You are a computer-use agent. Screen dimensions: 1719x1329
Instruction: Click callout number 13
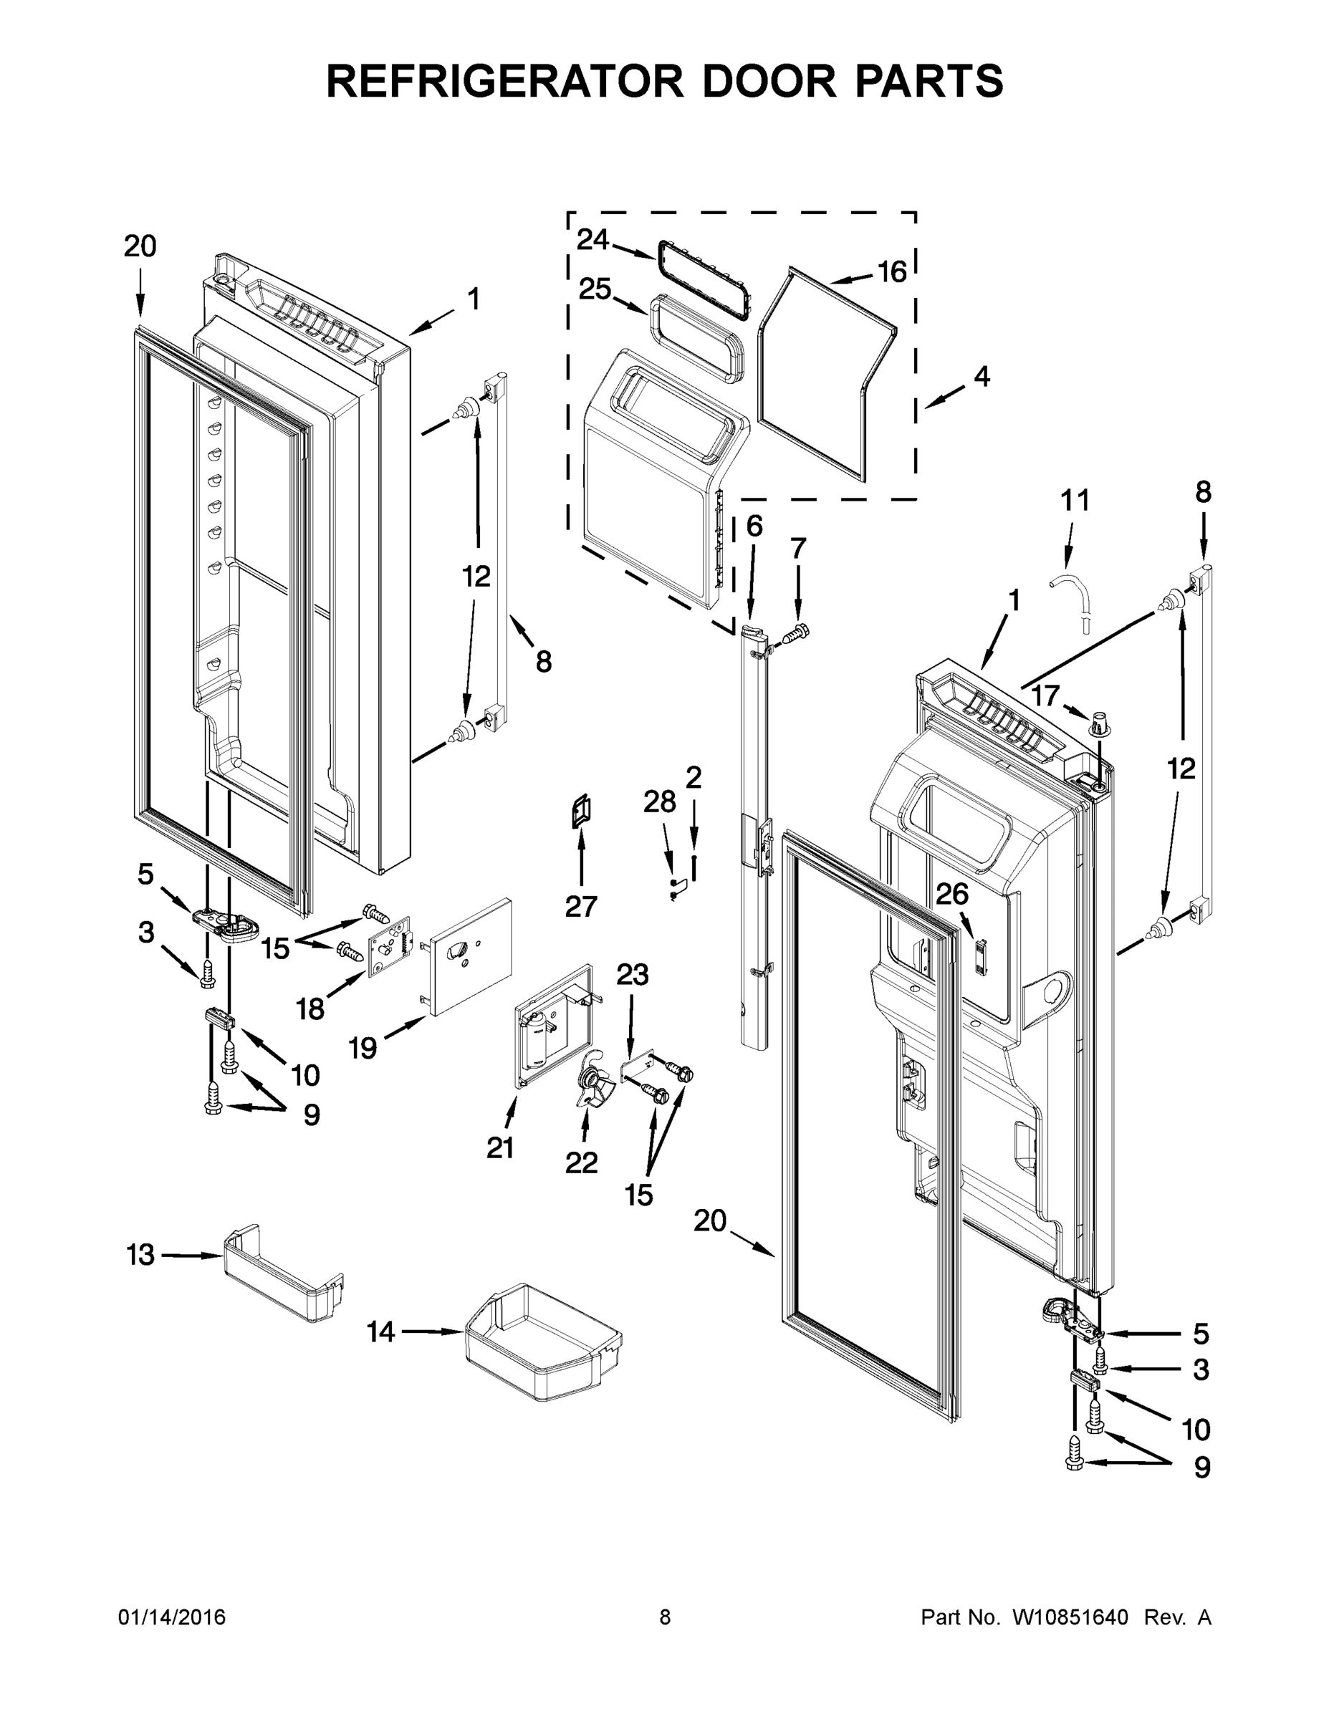click(140, 1255)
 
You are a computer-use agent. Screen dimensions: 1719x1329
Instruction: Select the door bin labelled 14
click(542, 1342)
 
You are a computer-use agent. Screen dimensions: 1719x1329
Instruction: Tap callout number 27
click(581, 907)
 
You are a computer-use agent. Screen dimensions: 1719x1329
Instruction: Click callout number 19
click(363, 1048)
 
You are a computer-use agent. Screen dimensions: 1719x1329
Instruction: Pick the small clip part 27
click(581, 812)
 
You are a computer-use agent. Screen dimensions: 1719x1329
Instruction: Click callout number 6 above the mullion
click(754, 526)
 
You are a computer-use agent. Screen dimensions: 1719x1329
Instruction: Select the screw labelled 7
click(798, 630)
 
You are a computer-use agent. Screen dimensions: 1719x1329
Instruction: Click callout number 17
click(1045, 695)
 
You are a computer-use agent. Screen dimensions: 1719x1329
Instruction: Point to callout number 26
click(951, 894)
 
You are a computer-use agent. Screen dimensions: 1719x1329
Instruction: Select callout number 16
click(892, 272)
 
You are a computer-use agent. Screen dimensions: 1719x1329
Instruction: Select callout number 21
click(500, 1148)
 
